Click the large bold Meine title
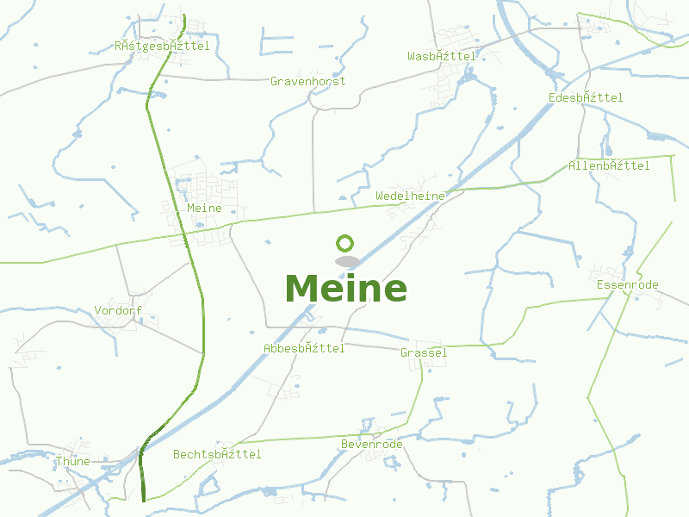click(345, 289)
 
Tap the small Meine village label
click(204, 208)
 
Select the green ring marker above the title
click(345, 243)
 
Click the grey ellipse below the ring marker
click(346, 261)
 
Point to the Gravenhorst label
click(307, 81)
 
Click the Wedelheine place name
click(410, 196)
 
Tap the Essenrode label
click(627, 284)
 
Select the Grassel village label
click(424, 352)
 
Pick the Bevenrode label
click(371, 444)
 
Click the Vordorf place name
click(118, 310)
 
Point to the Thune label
click(72, 461)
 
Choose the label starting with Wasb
click(441, 56)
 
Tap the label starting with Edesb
click(585, 97)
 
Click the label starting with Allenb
click(609, 165)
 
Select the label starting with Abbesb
click(304, 348)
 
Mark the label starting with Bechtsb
click(216, 453)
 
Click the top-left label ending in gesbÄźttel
click(161, 46)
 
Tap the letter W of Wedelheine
click(380, 196)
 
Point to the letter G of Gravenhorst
click(274, 81)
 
